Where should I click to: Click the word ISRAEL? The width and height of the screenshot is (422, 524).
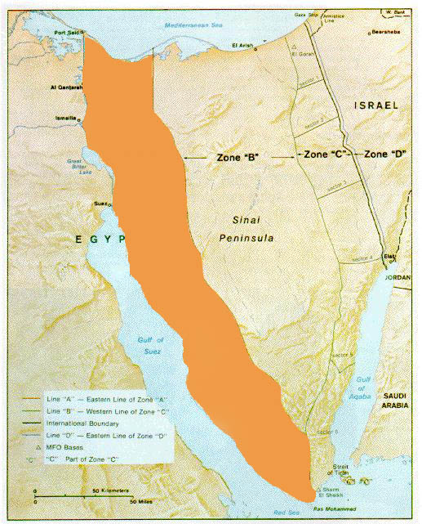pos(375,105)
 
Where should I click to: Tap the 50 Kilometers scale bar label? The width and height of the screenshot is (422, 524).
pos(113,491)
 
